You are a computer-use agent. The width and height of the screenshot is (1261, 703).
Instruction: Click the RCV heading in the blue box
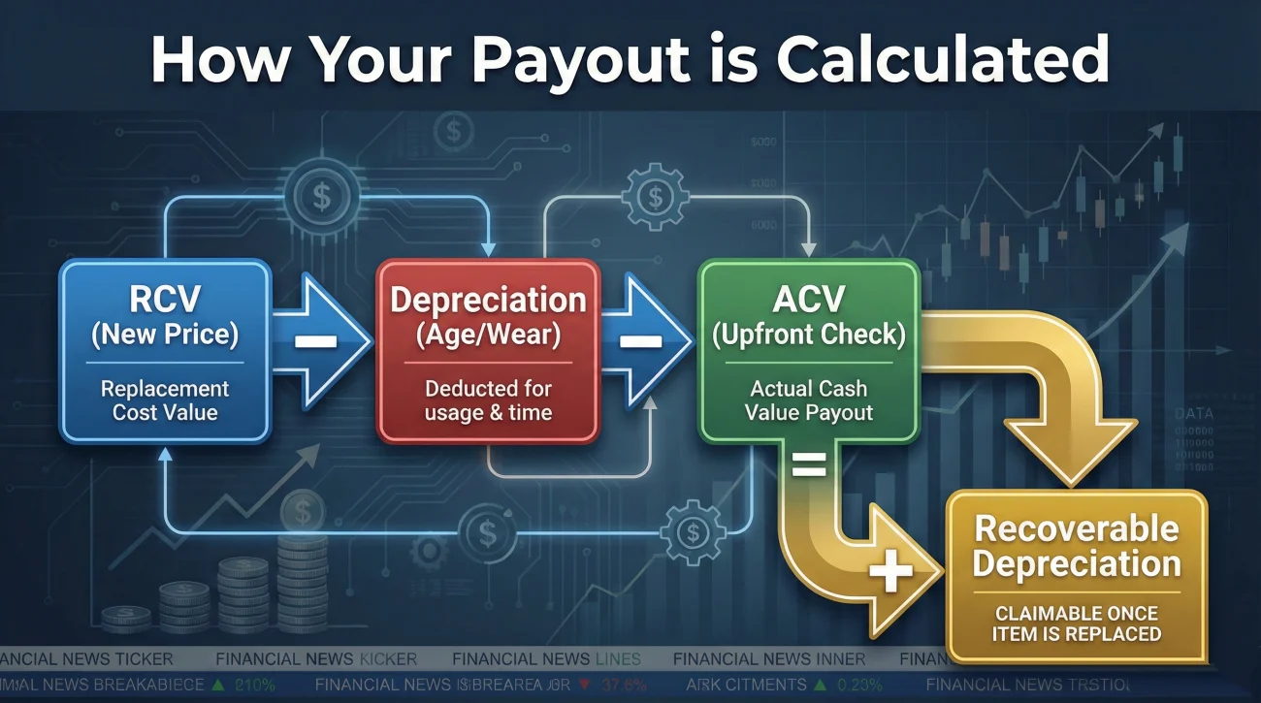pyautogui.click(x=165, y=300)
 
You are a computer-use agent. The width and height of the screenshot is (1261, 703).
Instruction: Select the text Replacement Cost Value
pyautogui.click(x=165, y=400)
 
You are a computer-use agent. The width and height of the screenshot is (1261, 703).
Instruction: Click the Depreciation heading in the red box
pyautogui.click(x=488, y=300)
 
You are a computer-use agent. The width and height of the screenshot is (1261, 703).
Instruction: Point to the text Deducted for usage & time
pyautogui.click(x=488, y=400)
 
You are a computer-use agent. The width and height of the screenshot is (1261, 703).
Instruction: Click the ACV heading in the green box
pyautogui.click(x=808, y=300)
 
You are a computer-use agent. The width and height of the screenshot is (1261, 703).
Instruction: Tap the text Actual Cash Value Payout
pyautogui.click(x=808, y=400)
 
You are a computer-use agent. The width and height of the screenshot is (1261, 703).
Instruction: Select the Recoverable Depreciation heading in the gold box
pyautogui.click(x=1077, y=547)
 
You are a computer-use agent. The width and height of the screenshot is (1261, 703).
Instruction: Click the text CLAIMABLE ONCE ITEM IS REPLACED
pyautogui.click(x=1077, y=623)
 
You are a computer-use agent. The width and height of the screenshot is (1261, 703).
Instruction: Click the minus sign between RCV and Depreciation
pyautogui.click(x=312, y=341)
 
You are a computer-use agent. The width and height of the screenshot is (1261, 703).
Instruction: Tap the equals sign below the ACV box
pyautogui.click(x=810, y=468)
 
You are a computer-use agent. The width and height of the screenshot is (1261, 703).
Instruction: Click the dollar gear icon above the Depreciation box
pyautogui.click(x=655, y=198)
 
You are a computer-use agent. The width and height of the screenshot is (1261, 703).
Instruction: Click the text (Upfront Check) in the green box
pyautogui.click(x=808, y=335)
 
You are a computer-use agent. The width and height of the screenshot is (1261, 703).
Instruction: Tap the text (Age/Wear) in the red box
pyautogui.click(x=488, y=335)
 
